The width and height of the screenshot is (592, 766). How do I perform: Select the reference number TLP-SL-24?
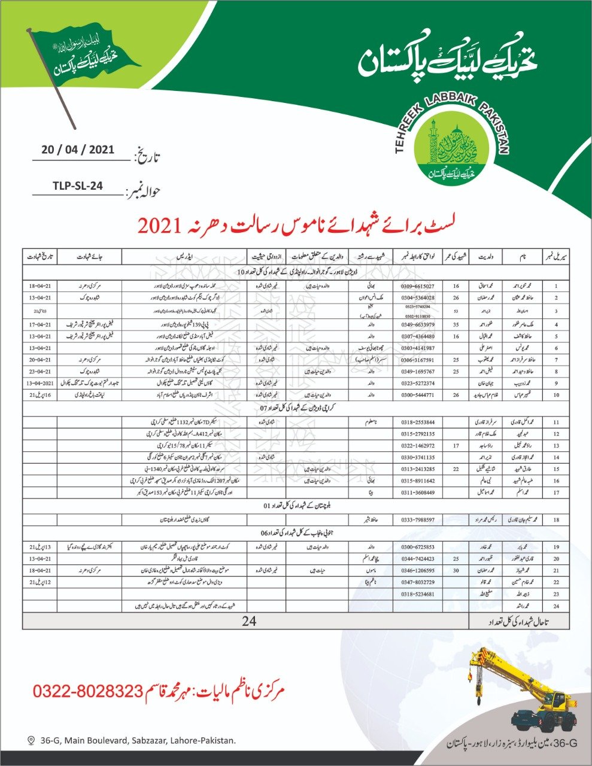pos(75,186)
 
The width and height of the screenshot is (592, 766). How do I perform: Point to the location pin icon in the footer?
pos(31,740)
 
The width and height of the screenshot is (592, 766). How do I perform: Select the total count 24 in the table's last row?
pos(249,621)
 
